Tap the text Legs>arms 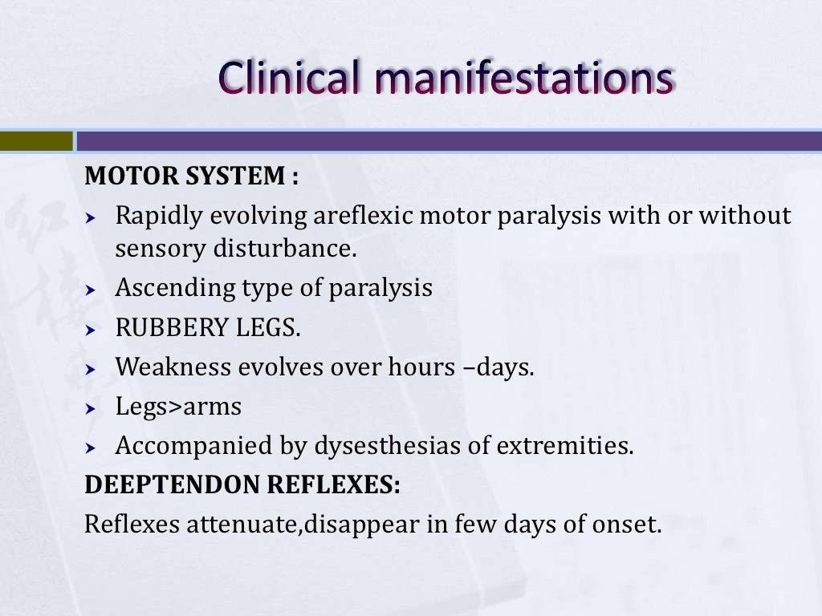click(x=178, y=407)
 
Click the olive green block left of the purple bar click(x=36, y=141)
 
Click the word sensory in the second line click(x=161, y=249)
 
